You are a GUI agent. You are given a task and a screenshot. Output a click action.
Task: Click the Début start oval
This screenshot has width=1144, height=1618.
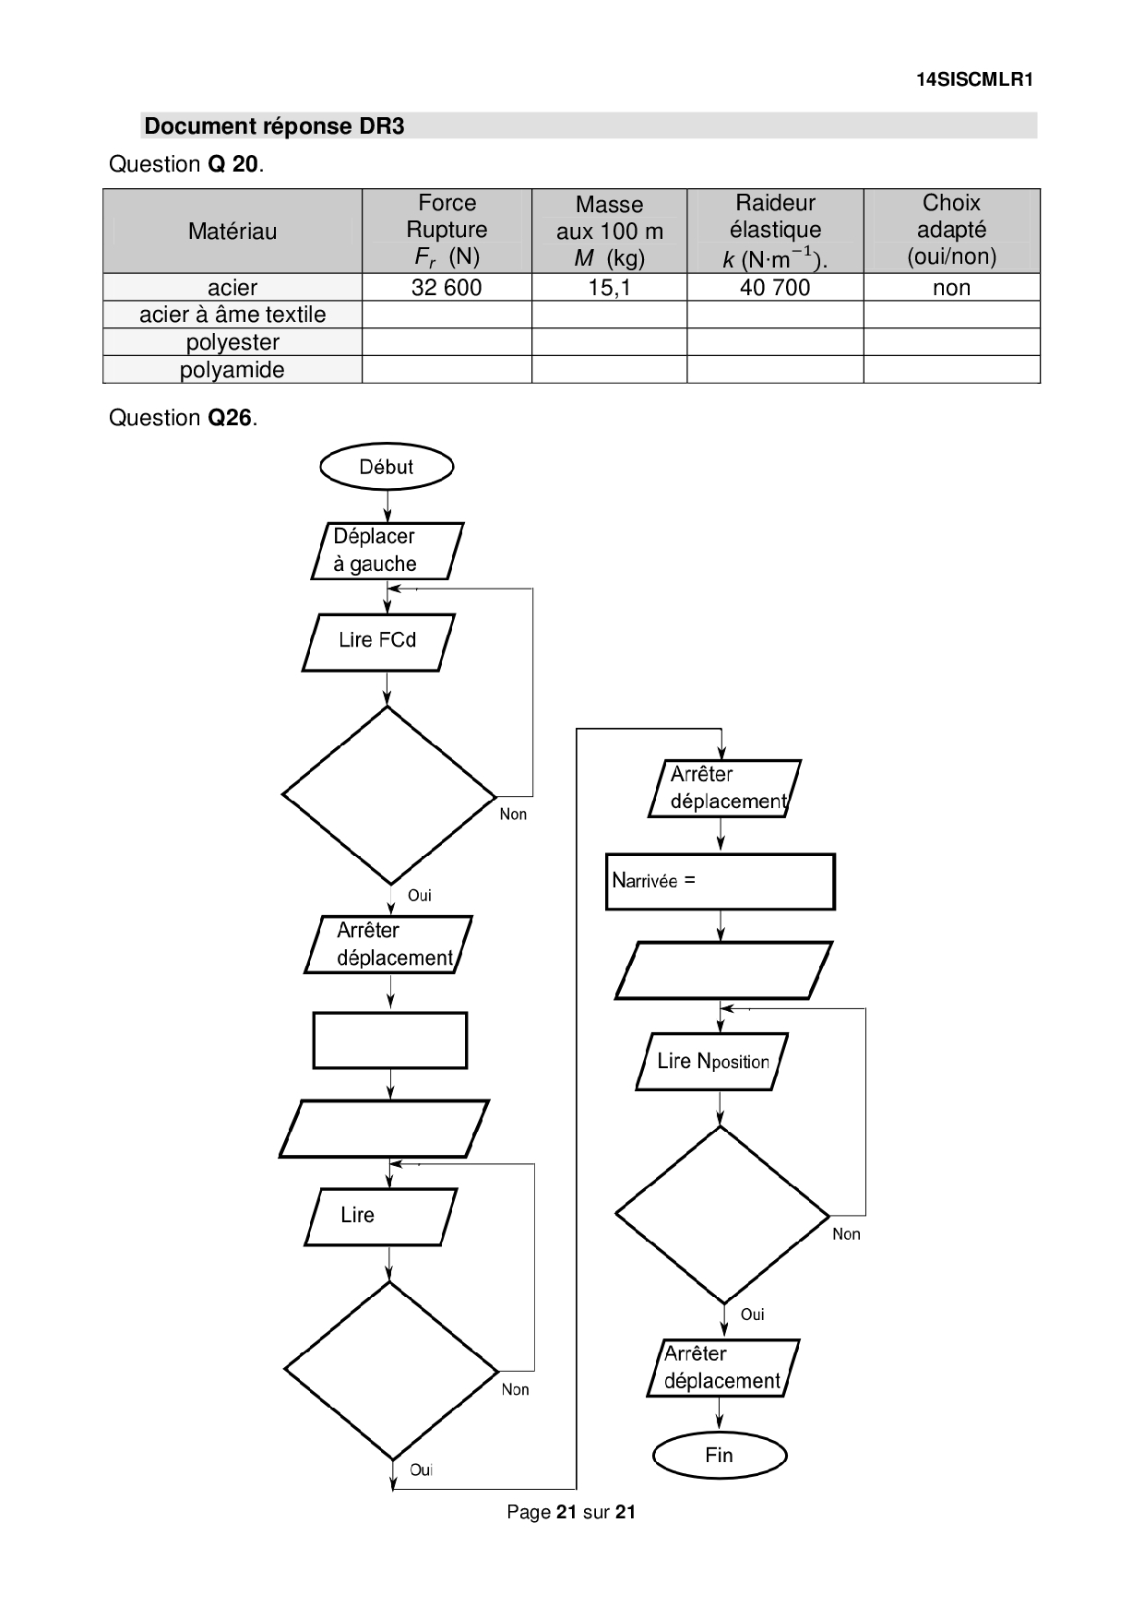(387, 467)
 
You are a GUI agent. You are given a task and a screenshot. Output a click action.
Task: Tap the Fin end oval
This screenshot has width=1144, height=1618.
(719, 1455)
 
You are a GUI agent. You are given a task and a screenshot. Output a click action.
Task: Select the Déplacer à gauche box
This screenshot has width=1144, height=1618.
(387, 551)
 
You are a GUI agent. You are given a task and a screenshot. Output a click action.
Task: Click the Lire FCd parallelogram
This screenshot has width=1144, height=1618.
(378, 641)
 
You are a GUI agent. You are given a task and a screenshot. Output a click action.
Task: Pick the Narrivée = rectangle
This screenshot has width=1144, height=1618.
(720, 882)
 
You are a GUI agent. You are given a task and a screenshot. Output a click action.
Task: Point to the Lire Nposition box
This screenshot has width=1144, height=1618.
(712, 1062)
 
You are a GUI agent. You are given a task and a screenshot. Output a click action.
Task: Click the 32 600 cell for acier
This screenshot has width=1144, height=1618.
(447, 288)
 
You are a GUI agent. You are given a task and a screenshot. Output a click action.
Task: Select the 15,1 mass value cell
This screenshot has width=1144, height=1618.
(609, 288)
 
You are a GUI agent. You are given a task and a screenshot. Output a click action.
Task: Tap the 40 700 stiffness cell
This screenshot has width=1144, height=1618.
(775, 288)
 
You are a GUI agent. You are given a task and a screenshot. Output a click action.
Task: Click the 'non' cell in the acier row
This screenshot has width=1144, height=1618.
(951, 288)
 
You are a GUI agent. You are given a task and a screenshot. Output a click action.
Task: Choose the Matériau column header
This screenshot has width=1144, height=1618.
(232, 232)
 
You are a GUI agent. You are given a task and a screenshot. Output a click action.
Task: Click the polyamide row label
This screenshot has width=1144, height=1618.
(232, 370)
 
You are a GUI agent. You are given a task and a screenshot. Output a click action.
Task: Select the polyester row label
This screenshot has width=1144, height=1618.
(232, 342)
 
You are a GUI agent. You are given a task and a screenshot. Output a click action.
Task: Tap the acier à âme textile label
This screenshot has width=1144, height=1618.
(232, 315)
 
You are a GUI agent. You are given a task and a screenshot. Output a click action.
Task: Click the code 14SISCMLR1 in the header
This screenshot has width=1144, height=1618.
(974, 79)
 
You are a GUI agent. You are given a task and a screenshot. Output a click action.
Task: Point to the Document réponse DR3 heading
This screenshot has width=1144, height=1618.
(275, 126)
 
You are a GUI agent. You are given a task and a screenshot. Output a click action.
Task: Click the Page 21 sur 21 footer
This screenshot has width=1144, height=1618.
(571, 1512)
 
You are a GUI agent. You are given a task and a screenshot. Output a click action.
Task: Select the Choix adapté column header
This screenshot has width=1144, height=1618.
(951, 230)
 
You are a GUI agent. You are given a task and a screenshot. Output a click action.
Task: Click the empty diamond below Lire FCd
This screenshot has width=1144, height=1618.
(388, 795)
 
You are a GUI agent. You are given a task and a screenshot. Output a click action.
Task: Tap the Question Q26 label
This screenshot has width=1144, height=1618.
(183, 418)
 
